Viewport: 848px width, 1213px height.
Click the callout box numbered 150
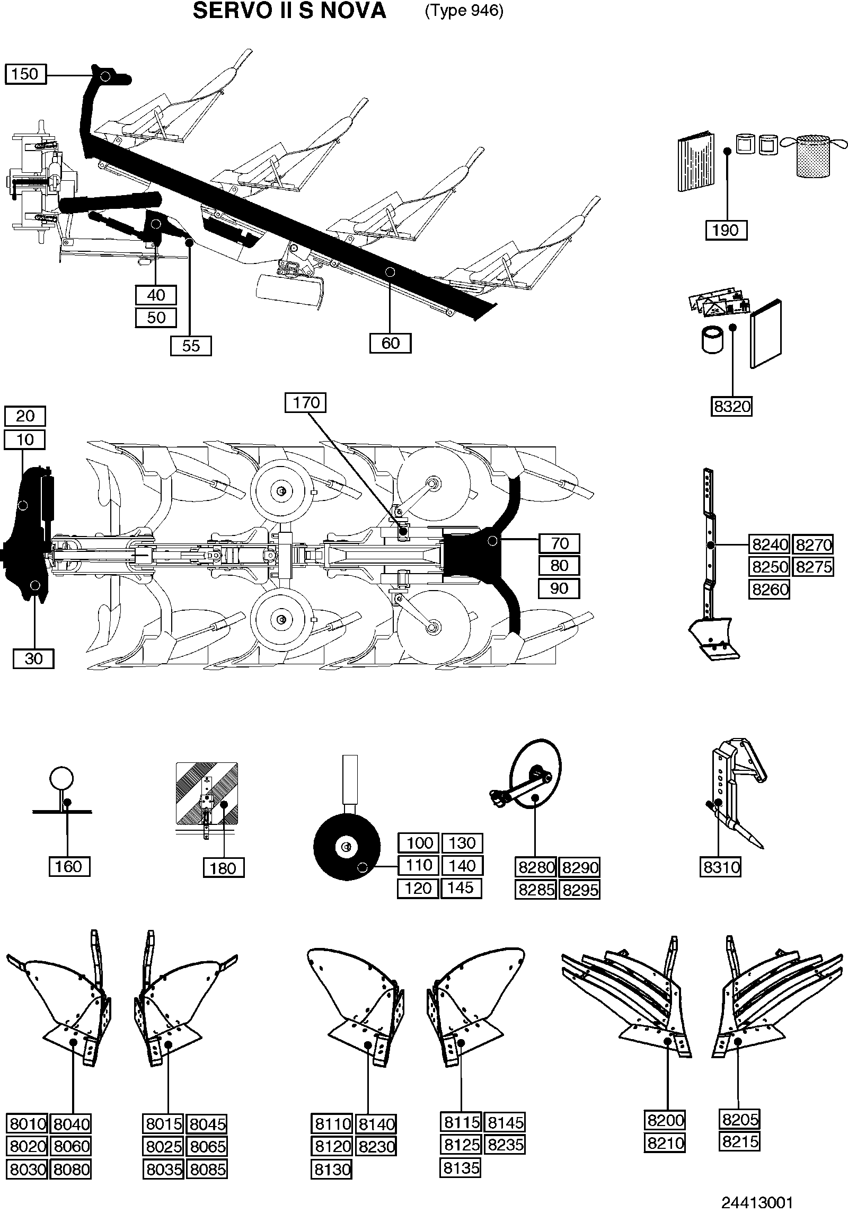point(25,74)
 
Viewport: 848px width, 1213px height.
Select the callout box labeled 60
point(391,343)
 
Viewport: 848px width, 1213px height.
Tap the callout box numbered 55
point(191,346)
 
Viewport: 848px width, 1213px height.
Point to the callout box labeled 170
point(305,402)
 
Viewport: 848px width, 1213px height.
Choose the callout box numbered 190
point(726,230)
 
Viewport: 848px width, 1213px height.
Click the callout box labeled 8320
point(732,407)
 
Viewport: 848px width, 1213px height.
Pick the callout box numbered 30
point(33,658)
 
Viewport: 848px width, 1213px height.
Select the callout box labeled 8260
point(770,589)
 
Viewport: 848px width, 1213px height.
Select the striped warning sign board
point(207,794)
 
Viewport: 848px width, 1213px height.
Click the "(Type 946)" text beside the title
point(464,11)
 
